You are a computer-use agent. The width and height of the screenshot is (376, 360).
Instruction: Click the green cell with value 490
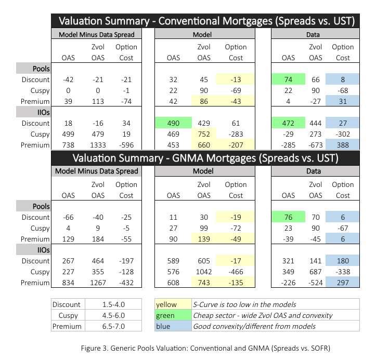173,124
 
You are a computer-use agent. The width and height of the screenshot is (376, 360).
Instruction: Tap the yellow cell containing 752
204,135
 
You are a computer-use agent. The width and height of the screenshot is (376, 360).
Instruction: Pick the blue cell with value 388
343,145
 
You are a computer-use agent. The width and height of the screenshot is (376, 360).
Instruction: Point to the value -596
126,145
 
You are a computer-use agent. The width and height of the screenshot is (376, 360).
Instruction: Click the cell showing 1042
203,272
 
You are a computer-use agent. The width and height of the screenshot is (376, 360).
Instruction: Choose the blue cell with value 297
343,283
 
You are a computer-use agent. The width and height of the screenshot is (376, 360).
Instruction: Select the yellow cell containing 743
204,283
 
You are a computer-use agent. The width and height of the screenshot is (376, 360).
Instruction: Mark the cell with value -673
315,145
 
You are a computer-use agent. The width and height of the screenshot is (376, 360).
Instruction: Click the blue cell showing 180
343,261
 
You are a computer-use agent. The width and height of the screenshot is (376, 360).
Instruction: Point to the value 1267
97,283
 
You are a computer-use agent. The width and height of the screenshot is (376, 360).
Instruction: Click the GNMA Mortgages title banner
206,158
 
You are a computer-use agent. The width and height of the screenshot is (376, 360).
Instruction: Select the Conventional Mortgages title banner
206,21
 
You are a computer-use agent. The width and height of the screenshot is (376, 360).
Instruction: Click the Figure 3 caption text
206,346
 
